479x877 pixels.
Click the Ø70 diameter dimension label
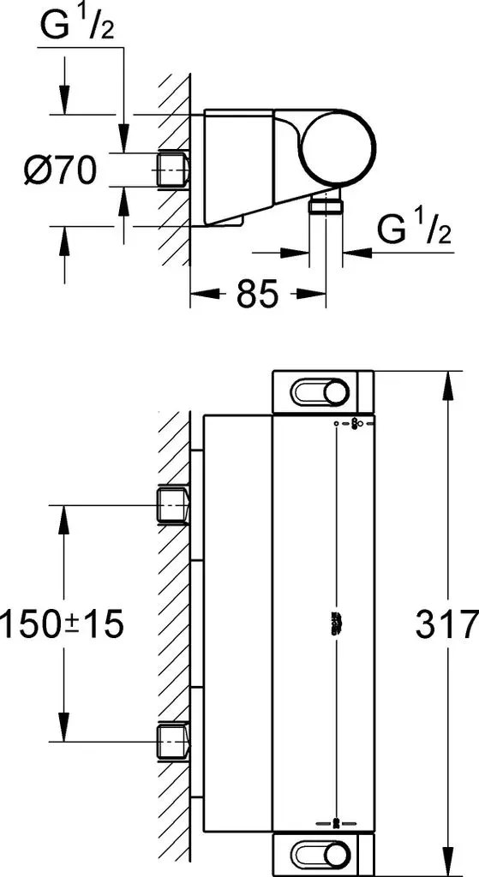pos(60,170)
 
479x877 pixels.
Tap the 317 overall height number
pos(446,623)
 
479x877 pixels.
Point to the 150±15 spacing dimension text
pos(62,623)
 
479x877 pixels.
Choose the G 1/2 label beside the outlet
pos(414,228)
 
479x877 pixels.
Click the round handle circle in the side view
pos(338,146)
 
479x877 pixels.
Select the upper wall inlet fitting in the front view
pos(171,505)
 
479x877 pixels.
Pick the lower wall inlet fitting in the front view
pos(171,742)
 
